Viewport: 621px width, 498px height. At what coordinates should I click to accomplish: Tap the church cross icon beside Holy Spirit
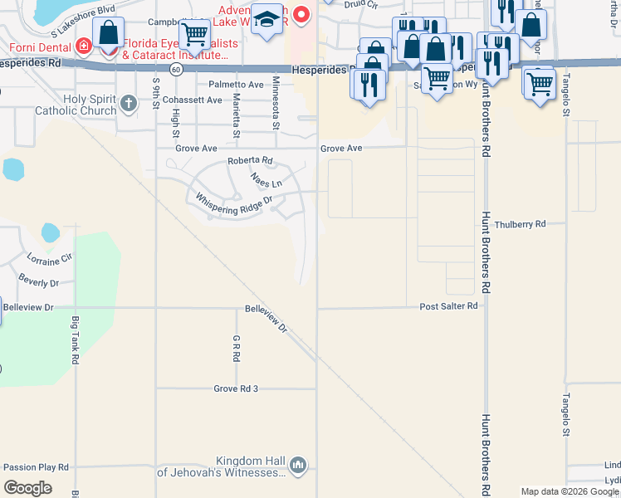(x=127, y=103)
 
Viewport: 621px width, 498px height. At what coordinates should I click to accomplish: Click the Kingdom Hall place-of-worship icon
(x=299, y=466)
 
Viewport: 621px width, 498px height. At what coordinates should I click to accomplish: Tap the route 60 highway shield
(x=176, y=71)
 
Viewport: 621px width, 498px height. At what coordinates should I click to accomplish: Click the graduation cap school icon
(x=267, y=20)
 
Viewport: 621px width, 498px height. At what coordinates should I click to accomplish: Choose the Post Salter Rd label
(x=448, y=306)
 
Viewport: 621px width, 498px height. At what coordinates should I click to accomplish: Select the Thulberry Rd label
(x=520, y=224)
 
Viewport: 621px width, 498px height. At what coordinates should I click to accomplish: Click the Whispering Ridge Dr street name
(x=233, y=203)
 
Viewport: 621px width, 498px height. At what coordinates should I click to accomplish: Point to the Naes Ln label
(x=266, y=178)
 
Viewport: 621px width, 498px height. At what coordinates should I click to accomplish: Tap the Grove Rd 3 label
(x=236, y=388)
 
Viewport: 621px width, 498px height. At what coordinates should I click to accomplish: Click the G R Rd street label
(x=236, y=348)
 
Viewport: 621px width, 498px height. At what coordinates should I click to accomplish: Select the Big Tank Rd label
(x=75, y=340)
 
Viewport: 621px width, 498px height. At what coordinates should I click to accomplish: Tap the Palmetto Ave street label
(x=236, y=85)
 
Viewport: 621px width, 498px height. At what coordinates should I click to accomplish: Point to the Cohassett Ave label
(x=193, y=100)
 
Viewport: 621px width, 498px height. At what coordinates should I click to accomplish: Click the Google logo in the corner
(x=28, y=487)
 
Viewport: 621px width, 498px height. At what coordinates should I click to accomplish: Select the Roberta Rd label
(x=250, y=161)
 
